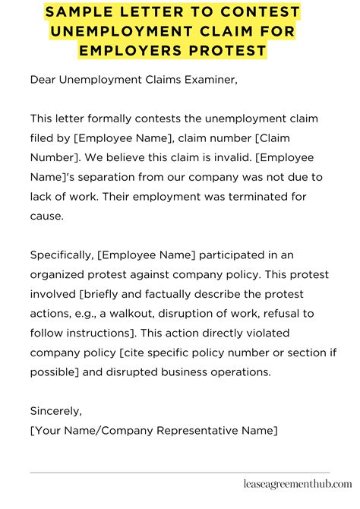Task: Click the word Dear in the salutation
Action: click(43, 79)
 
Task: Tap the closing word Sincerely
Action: click(55, 411)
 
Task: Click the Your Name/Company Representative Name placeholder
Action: click(154, 431)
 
